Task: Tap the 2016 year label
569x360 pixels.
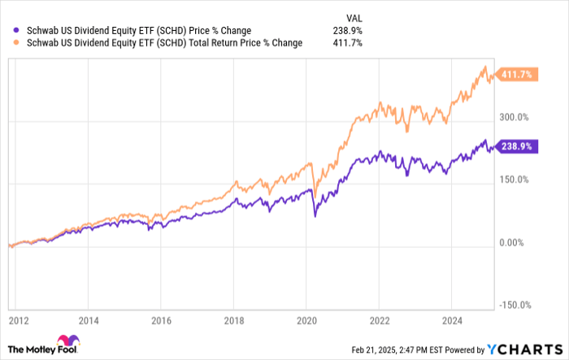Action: click(x=162, y=319)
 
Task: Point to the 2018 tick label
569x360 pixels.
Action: click(x=234, y=319)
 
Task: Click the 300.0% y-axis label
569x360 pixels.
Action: click(x=514, y=117)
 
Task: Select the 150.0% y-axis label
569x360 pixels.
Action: click(x=514, y=180)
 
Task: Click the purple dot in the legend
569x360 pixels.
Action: click(x=8, y=31)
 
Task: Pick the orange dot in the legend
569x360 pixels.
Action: click(x=8, y=43)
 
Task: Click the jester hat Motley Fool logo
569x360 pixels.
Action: click(x=64, y=344)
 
